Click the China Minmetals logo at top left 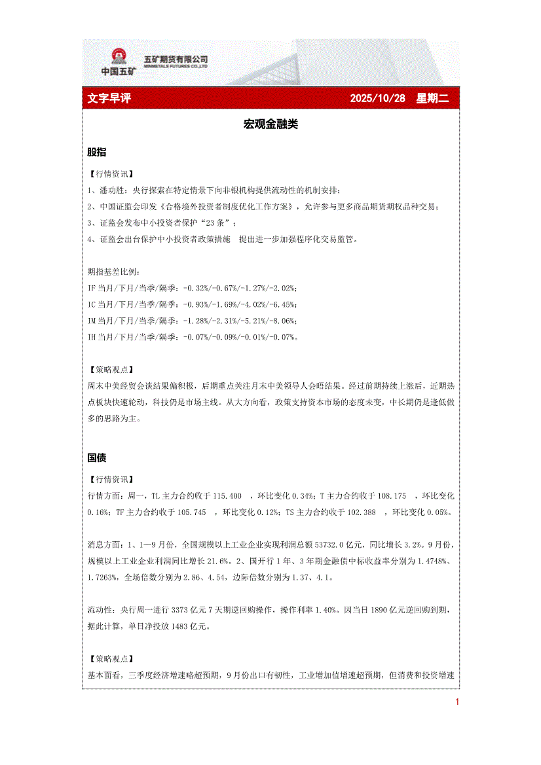click(119, 62)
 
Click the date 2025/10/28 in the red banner click(377, 98)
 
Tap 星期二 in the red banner click(432, 98)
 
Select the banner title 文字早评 click(109, 98)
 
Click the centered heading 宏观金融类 click(270, 124)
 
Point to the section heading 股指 click(97, 152)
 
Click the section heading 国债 click(97, 457)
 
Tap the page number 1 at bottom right click(457, 702)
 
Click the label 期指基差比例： click(113, 272)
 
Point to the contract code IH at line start click(92, 337)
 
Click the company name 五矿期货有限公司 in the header click(176, 59)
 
